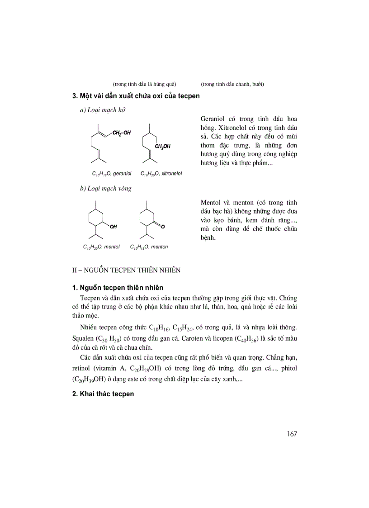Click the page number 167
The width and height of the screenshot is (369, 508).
coord(291,434)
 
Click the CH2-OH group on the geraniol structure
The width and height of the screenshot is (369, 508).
coord(122,133)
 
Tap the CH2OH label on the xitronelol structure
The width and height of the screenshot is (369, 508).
coord(163,146)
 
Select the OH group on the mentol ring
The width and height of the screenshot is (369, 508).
coord(113,226)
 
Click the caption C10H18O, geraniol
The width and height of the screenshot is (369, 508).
coord(111,173)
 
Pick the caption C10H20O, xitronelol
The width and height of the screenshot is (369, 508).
coord(161,173)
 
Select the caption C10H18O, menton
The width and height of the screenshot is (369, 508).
coord(149,247)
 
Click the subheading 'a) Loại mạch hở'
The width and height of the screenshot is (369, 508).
coord(102,110)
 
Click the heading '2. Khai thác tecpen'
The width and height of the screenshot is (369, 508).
coord(103,394)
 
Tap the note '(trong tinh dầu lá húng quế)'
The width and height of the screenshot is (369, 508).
coord(144,84)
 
